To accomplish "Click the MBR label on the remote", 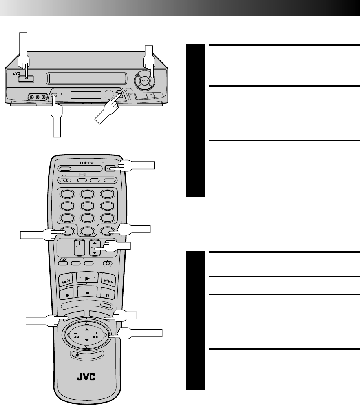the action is pos(85,162).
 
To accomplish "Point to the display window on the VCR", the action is pos(86,95).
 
